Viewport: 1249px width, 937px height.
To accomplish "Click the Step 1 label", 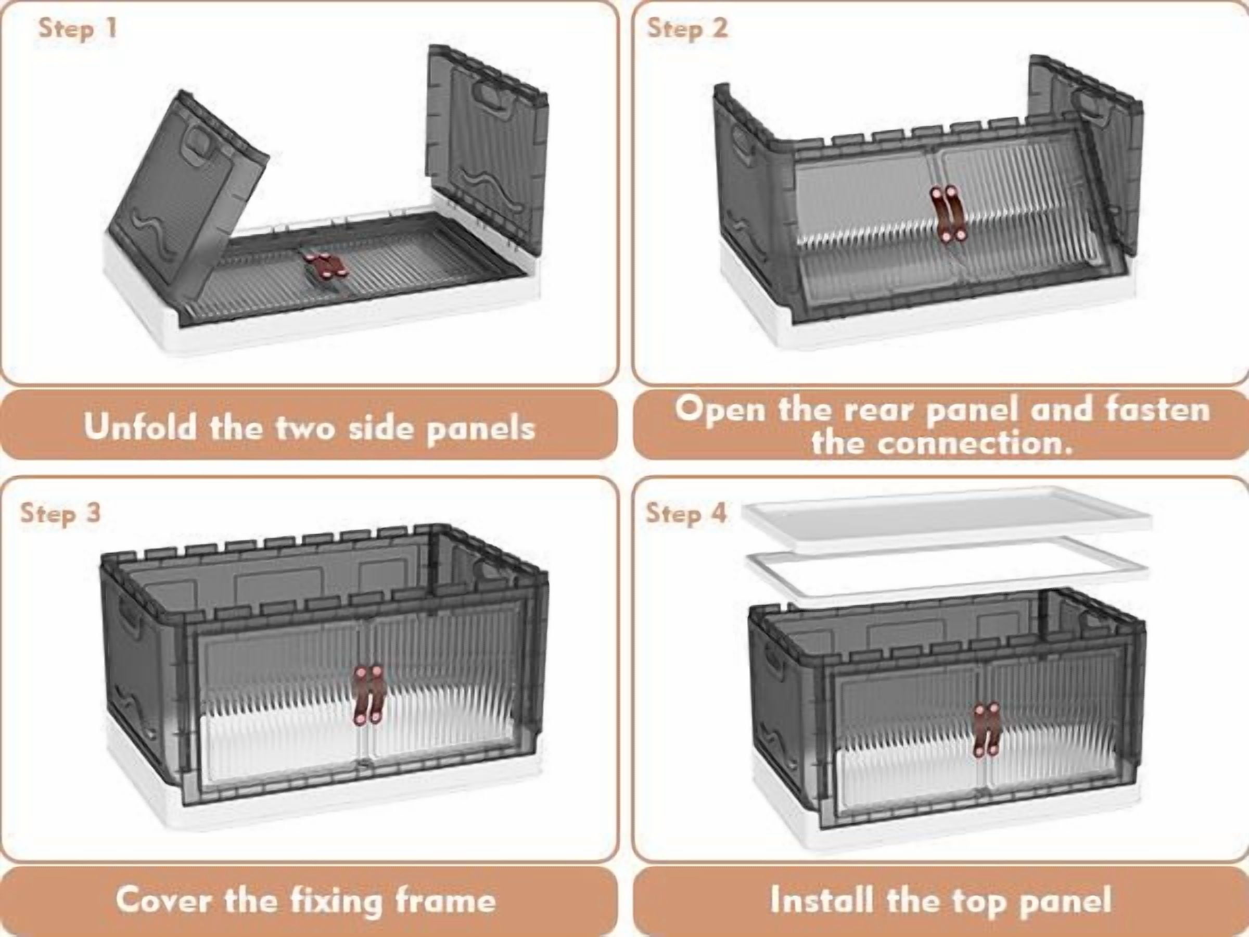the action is [x=78, y=28].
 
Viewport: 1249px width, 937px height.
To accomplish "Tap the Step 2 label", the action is [x=687, y=28].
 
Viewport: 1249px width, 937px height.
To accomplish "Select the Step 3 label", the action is [x=60, y=513].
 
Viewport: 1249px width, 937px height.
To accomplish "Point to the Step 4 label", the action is [x=686, y=513].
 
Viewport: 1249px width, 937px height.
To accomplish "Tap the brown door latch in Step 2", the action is [x=948, y=215].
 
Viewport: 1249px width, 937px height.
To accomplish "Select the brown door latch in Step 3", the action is [x=367, y=695].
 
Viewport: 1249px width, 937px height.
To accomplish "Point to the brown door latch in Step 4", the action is [x=985, y=729].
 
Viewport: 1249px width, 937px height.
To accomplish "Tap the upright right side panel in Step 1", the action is [x=487, y=144].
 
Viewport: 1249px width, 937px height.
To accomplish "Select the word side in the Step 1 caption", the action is [x=383, y=427].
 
